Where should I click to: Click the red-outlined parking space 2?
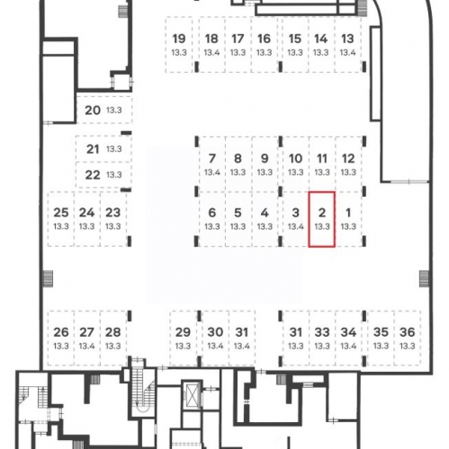pos(322,219)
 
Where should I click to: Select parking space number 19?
pos(179,45)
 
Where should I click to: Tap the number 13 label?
pos(347,39)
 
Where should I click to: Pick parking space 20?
pos(103,110)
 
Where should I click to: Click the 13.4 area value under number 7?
pos(212,172)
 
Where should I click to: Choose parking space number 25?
pos(61,219)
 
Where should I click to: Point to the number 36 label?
pos(408,332)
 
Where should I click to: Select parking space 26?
pos(61,338)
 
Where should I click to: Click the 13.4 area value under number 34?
pos(348,346)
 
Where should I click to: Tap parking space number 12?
pos(348,164)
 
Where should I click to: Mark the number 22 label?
pos(93,175)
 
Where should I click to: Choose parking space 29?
pos(183,338)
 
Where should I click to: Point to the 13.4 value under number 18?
pos(211,53)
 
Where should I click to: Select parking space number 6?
pos(211,219)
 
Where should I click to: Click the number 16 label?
pos(264,39)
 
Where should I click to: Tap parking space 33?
pos(322,338)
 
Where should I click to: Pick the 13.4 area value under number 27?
pos(86,346)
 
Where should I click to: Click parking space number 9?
pos(265,164)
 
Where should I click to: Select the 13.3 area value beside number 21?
pos(114,149)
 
